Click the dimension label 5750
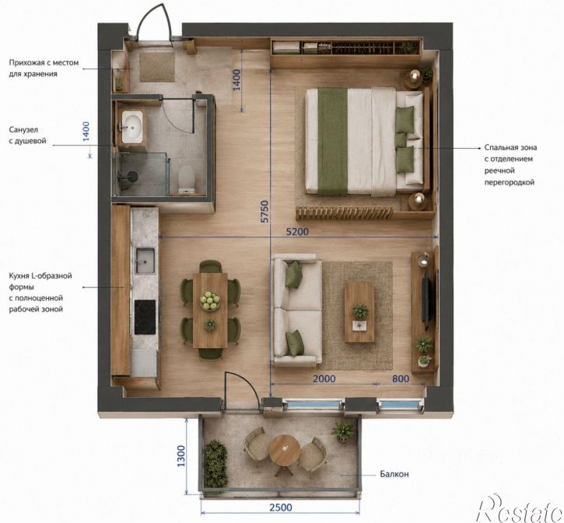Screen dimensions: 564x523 coord(264,211)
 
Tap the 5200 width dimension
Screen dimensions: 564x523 coord(297,231)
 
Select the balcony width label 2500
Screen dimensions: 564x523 coord(281,507)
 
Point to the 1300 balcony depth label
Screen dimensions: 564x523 coord(181,456)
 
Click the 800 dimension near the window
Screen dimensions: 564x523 coord(401,379)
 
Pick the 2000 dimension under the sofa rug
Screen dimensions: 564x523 coord(324,379)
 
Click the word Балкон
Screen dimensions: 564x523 coord(394,474)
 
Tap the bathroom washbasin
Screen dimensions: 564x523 coord(132,126)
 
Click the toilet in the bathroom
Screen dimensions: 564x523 coord(187,178)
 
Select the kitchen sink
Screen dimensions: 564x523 coord(145,260)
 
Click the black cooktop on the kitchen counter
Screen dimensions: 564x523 coord(145,317)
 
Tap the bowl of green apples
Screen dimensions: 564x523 coord(210,301)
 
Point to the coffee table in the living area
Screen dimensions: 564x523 coord(359,312)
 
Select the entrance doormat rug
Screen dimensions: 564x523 coord(157,67)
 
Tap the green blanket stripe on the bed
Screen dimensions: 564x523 coord(332,142)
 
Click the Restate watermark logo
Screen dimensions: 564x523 coord(520,508)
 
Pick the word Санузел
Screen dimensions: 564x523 coord(23,129)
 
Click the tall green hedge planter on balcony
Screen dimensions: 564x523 coord(215,463)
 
